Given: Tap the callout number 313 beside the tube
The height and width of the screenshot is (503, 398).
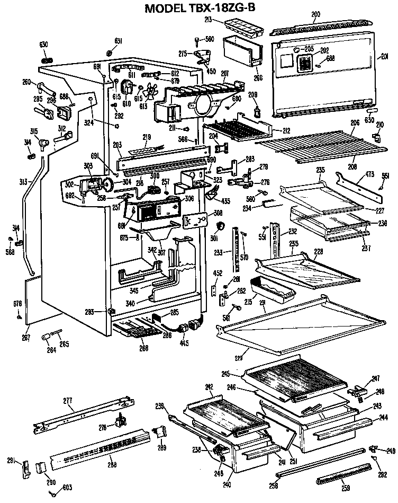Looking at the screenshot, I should tap(23, 182).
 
